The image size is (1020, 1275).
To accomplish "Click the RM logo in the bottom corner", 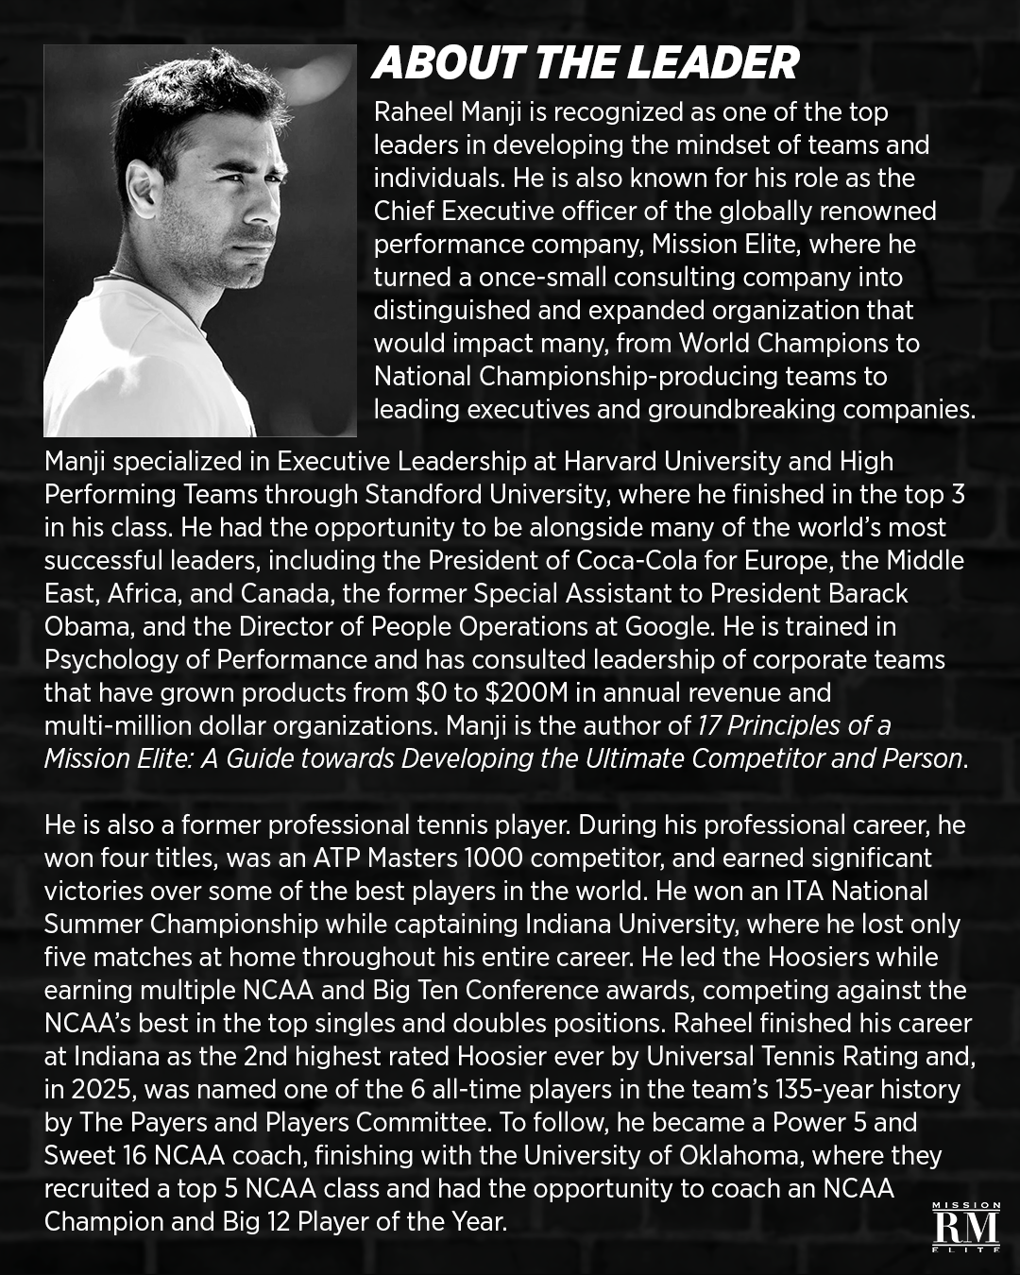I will pos(965,1231).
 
